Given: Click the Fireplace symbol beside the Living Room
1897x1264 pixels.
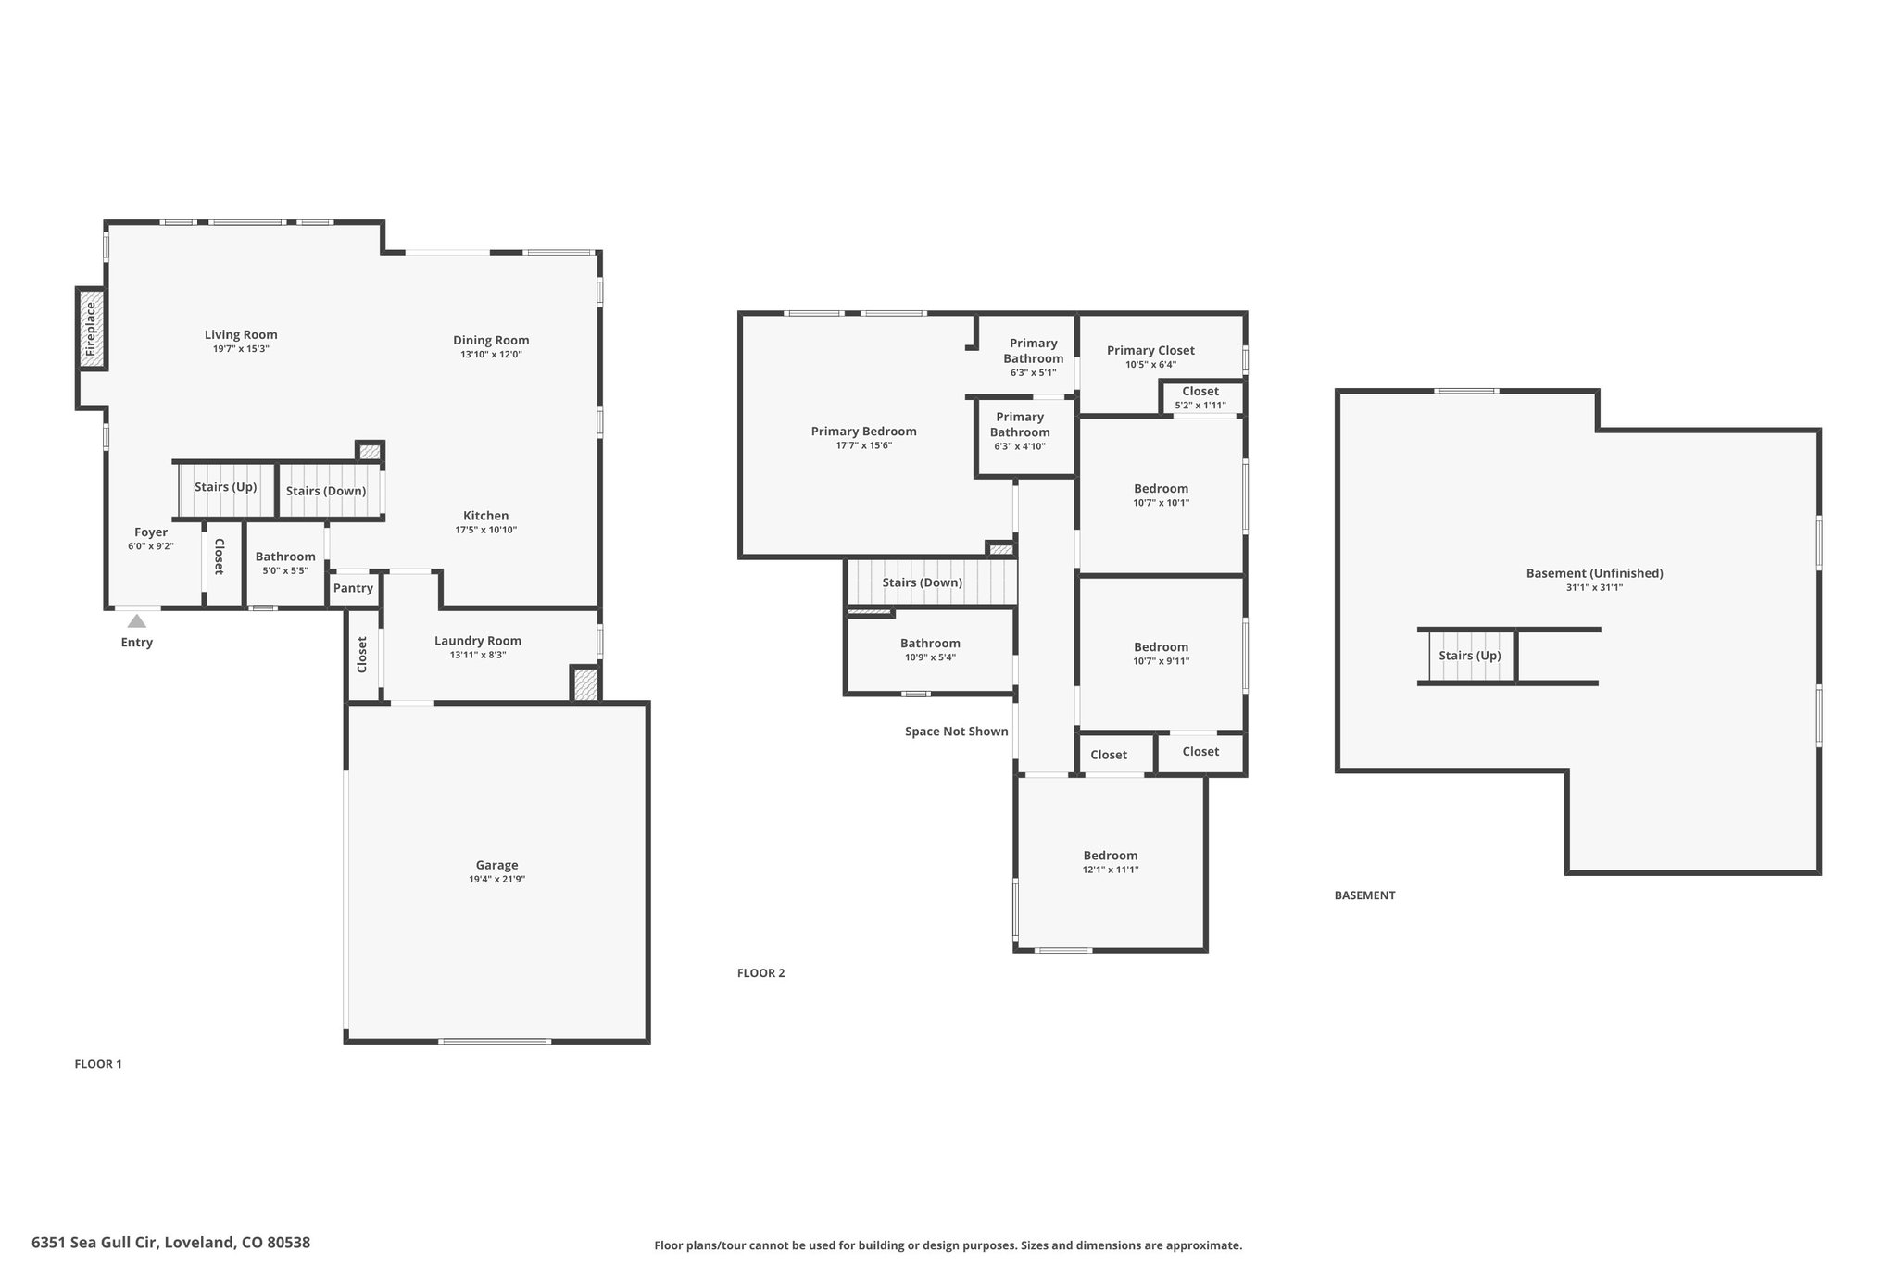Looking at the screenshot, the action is coord(91,329).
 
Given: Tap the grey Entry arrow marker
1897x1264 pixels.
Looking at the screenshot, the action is coord(137,620).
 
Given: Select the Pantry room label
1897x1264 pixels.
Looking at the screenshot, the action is coord(353,588).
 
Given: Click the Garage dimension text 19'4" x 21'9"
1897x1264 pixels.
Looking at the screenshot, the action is coord(497,880).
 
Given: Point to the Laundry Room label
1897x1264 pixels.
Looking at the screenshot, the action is coord(478,641).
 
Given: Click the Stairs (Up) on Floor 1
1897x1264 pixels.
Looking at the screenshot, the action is coord(226,490).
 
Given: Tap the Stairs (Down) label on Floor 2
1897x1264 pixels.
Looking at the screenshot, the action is coord(923,582).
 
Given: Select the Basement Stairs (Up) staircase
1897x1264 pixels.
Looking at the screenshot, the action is coord(1470,656).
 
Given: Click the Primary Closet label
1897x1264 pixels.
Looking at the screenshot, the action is coord(1150,350).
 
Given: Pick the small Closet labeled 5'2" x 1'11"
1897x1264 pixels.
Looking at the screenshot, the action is coord(1200,397).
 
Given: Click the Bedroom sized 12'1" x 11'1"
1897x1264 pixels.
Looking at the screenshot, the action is coord(1111,862).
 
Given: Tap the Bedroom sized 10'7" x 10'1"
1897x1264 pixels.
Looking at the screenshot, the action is coord(1162,495).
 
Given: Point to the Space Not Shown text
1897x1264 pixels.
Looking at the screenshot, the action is coord(957,732).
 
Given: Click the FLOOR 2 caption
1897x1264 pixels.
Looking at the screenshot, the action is coord(760,973).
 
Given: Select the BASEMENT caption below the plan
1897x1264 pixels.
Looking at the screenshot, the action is coord(1364,895).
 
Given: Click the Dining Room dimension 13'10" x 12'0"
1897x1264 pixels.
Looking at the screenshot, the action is coord(492,355).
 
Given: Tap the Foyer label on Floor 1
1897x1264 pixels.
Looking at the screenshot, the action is coord(151,532).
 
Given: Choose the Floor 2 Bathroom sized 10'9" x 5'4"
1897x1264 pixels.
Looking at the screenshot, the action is coord(930,650).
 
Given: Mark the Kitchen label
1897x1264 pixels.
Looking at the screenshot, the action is coord(486,516).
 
